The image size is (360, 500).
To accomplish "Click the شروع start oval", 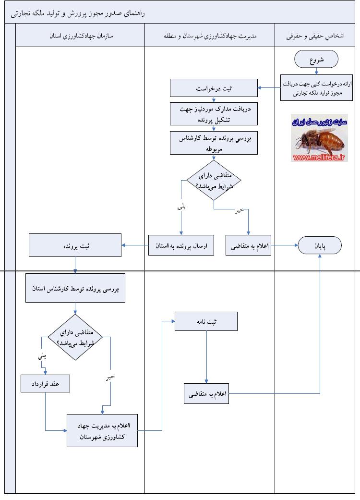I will (x=316, y=60).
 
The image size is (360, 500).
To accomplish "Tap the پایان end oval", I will (x=320, y=245).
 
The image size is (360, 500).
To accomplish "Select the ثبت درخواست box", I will (x=214, y=88).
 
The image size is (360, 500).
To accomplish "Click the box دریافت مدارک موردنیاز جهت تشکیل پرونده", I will (x=214, y=115).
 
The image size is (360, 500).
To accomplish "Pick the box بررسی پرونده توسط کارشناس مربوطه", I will (x=214, y=143).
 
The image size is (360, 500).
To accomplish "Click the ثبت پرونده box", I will (x=75, y=245).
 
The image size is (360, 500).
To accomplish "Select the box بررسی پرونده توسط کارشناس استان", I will (x=75, y=288).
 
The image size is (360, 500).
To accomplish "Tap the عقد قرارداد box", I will (x=46, y=384).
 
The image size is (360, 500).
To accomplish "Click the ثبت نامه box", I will (x=206, y=321).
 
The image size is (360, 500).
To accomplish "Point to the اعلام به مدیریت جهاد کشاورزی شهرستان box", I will (x=102, y=431).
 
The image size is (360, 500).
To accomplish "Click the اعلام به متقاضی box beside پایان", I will (x=248, y=245).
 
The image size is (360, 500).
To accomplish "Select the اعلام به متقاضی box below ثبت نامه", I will (x=206, y=394).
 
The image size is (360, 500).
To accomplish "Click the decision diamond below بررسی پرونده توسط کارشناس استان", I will (x=75, y=337).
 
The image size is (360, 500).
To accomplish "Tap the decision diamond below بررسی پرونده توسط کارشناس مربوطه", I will (x=213, y=181).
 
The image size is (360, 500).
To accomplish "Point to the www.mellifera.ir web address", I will (x=319, y=157).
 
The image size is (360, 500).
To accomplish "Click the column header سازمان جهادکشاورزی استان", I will (x=80, y=36).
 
